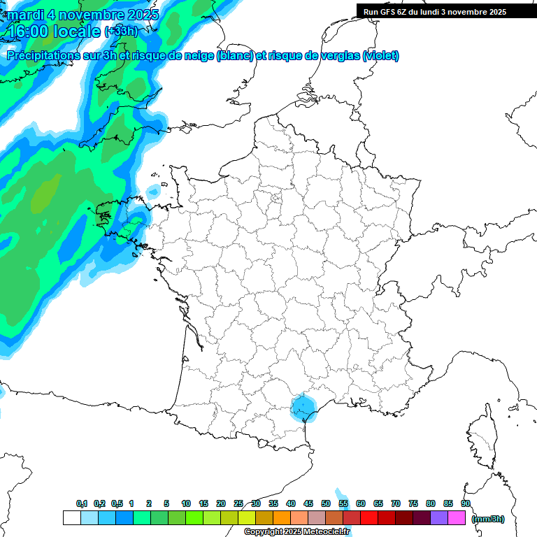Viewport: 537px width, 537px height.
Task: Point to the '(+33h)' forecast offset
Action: point(120,31)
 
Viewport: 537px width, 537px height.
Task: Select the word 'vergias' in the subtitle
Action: point(333,56)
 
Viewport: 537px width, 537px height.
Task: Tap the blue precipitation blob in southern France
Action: point(303,407)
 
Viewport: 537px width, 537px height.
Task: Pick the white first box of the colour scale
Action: point(71,518)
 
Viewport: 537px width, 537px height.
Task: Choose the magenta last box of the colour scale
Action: point(457,518)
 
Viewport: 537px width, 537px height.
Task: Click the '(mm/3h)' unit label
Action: point(487,518)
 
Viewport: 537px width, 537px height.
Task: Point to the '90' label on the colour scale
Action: point(466,503)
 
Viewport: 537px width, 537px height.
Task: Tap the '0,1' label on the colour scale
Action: point(82,503)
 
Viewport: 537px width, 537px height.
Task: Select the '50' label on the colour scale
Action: point(326,503)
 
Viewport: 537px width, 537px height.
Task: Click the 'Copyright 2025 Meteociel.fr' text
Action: point(297,532)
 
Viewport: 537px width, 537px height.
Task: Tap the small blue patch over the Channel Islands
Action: point(153,190)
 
